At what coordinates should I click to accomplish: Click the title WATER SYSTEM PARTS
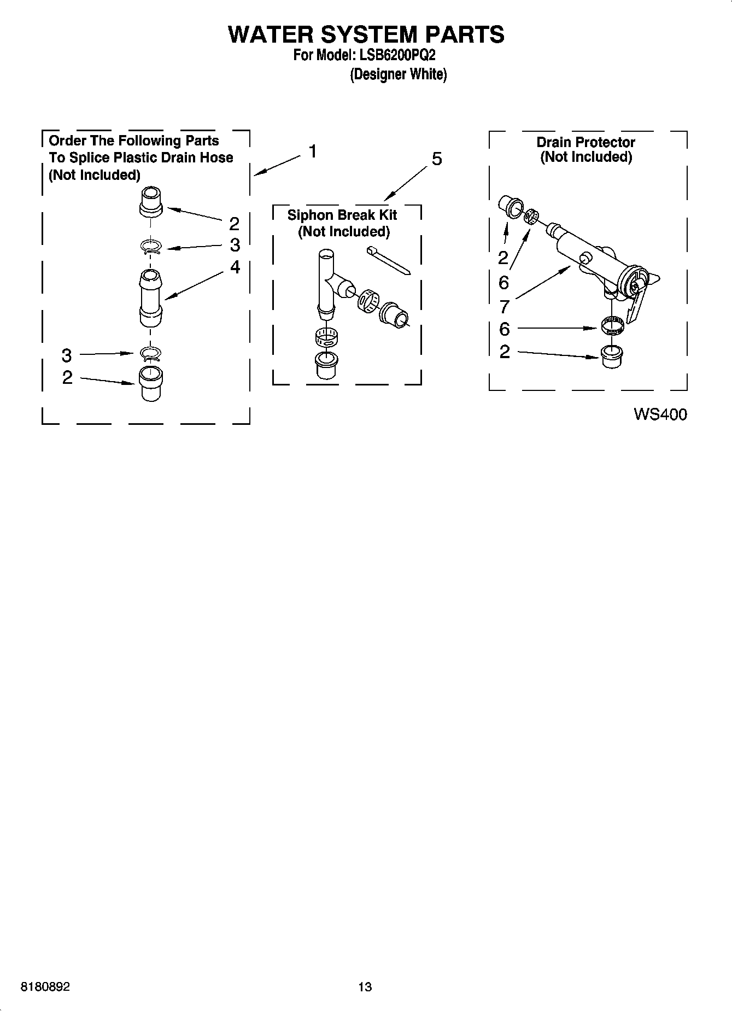tap(366, 34)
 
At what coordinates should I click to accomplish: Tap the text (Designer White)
tap(398, 74)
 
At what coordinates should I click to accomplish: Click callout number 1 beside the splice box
tap(312, 151)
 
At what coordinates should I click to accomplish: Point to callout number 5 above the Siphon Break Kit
tap(437, 159)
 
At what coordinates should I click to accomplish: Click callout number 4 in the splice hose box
tap(235, 267)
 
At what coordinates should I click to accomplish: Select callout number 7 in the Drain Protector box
tap(504, 307)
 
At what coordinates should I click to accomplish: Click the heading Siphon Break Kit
tap(342, 215)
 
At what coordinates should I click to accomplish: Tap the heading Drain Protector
tap(585, 142)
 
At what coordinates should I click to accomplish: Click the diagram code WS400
tap(660, 414)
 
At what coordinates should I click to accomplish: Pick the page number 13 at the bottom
tap(365, 987)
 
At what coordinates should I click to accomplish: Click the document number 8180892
tap(45, 987)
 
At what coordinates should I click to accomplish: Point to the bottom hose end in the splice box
tap(150, 383)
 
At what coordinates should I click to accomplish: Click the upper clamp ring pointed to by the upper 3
tap(150, 247)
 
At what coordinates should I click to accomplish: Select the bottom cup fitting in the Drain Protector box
tap(611, 357)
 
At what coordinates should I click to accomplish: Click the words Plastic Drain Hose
tap(173, 157)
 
